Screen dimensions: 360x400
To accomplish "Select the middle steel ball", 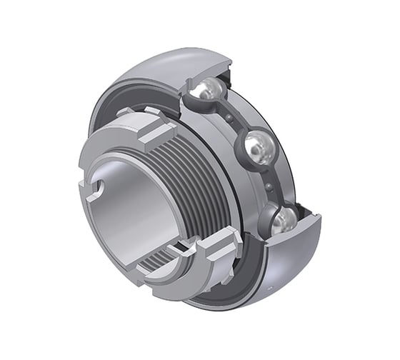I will (x=257, y=148).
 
